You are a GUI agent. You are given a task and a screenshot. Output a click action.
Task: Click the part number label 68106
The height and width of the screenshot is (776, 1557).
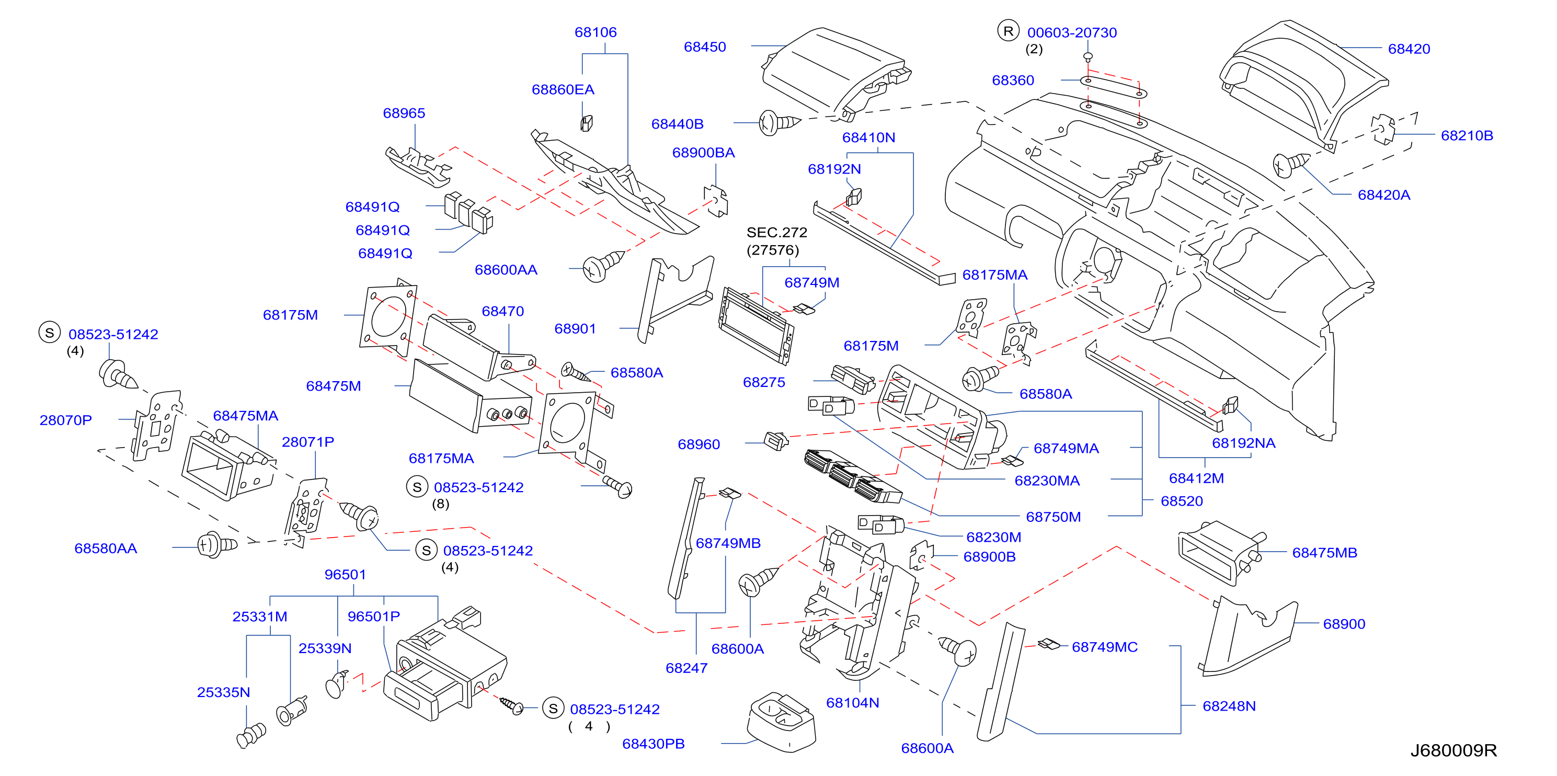596,32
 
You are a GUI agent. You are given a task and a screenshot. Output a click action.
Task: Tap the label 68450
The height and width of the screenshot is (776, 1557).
705,47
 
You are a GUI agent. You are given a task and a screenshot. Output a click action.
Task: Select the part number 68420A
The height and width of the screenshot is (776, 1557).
1383,195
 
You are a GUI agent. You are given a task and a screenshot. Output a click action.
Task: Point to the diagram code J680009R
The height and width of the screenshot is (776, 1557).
1453,750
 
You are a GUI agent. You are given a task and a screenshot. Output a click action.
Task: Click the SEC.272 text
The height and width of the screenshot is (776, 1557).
777,232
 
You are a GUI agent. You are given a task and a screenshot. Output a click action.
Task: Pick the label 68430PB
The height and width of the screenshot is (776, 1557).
654,744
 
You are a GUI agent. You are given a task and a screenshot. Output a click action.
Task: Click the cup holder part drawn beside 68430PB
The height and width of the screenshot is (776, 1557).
782,722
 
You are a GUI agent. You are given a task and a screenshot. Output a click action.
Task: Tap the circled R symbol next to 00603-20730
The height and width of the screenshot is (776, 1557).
1008,31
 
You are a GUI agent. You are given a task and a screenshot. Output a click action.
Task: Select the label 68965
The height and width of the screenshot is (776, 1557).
404,113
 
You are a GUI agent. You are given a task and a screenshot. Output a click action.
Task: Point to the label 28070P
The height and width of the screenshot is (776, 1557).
66,420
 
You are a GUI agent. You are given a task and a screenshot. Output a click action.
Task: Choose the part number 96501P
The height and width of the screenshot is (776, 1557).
373,616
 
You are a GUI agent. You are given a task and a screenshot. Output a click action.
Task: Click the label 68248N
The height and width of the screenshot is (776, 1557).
1229,706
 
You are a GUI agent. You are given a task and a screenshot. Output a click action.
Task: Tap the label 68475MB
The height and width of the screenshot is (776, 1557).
1324,552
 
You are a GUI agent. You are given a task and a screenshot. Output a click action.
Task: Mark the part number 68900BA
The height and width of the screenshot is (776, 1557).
704,152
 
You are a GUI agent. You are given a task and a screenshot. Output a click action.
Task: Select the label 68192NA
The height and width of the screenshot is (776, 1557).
1243,443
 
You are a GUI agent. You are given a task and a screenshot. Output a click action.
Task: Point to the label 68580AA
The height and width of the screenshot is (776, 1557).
106,548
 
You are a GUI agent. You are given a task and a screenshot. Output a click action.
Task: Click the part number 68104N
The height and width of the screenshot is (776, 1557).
852,702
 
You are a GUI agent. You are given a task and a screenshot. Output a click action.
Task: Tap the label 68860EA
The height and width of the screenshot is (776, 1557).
563,89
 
